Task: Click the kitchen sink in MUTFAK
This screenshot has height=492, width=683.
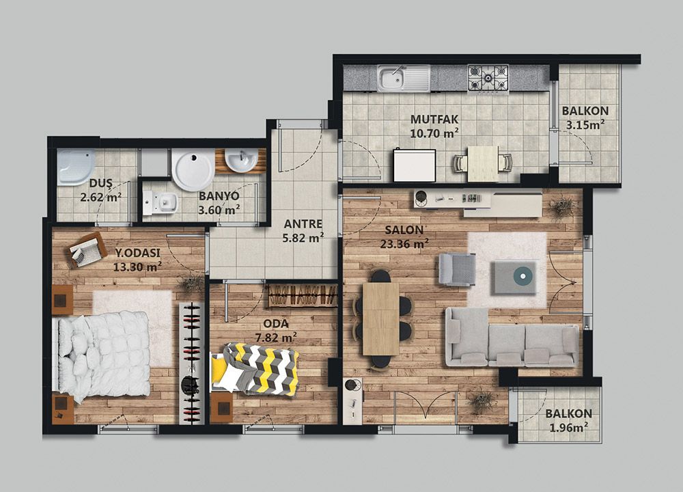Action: pos(403,79)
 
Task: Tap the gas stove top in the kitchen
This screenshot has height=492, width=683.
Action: pos(488,78)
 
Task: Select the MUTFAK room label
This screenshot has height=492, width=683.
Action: pos(434,119)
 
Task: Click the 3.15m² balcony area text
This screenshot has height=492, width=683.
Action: pos(585,125)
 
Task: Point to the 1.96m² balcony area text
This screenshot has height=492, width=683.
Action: pos(568,428)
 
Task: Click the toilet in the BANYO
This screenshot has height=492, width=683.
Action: pos(160,203)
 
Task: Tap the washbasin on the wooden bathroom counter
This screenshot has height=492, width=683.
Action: pos(241,161)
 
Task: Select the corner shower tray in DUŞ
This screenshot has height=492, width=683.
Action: pos(76,167)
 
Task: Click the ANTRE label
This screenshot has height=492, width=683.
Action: pos(303,224)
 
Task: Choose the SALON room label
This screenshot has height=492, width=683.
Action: pos(404,230)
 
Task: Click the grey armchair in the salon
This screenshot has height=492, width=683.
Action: pos(457,269)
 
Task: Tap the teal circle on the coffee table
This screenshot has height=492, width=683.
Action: pos(521,275)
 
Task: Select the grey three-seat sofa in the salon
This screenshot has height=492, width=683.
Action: pos(512,337)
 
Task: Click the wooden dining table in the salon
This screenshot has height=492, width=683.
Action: pos(380,319)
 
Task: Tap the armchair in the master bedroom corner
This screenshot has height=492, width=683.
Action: pos(88,249)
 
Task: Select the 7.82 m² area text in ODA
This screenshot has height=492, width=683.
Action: pos(276,338)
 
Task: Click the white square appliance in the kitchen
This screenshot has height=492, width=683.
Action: pos(415,165)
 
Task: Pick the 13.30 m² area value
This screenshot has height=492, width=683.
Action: pos(138,266)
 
